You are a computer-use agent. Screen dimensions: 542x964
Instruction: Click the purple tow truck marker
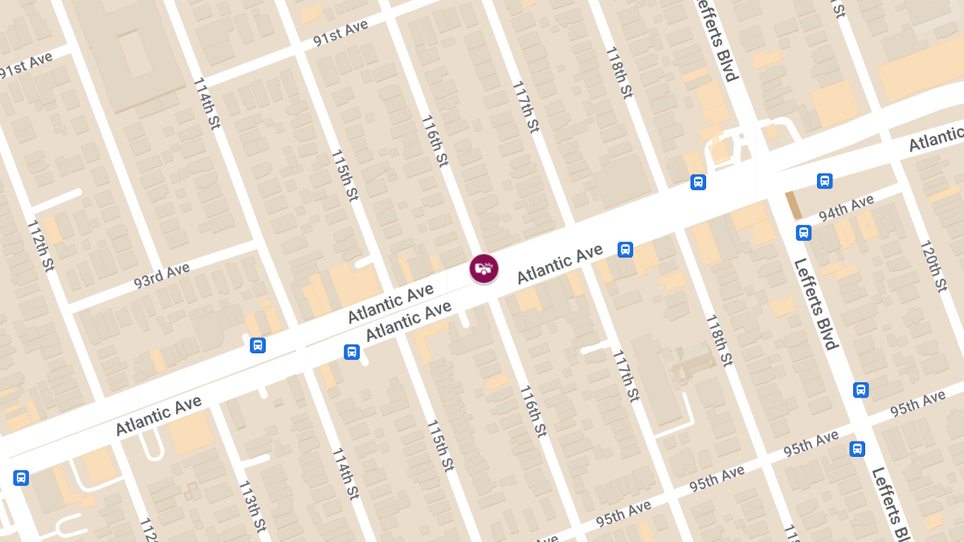[x=484, y=268]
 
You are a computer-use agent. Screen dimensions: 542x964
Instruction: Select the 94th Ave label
[x=846, y=208]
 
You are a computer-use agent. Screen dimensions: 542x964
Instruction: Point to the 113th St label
[x=252, y=507]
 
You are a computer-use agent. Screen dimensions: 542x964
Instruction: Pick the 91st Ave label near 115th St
[x=341, y=33]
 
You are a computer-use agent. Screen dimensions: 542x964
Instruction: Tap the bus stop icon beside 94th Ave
[x=803, y=233]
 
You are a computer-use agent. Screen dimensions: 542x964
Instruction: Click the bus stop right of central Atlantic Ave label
[x=625, y=250]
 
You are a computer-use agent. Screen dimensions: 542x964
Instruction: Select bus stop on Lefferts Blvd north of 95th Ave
[x=860, y=390]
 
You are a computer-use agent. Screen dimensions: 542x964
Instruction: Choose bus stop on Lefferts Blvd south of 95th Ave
[x=858, y=449]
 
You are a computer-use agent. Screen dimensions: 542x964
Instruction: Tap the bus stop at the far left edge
[x=21, y=478]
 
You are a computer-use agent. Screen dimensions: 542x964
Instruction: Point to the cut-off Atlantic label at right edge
[x=937, y=141]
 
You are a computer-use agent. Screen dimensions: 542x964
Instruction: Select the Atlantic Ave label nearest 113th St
[x=158, y=415]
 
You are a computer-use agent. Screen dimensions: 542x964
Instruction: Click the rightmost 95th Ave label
[x=918, y=404]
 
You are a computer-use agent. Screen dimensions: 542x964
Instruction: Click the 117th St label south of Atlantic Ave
[x=626, y=375]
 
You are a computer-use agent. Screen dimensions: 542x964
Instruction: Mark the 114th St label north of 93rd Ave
[x=206, y=103]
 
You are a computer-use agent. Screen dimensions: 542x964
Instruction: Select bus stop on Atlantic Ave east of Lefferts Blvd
[x=824, y=181]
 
